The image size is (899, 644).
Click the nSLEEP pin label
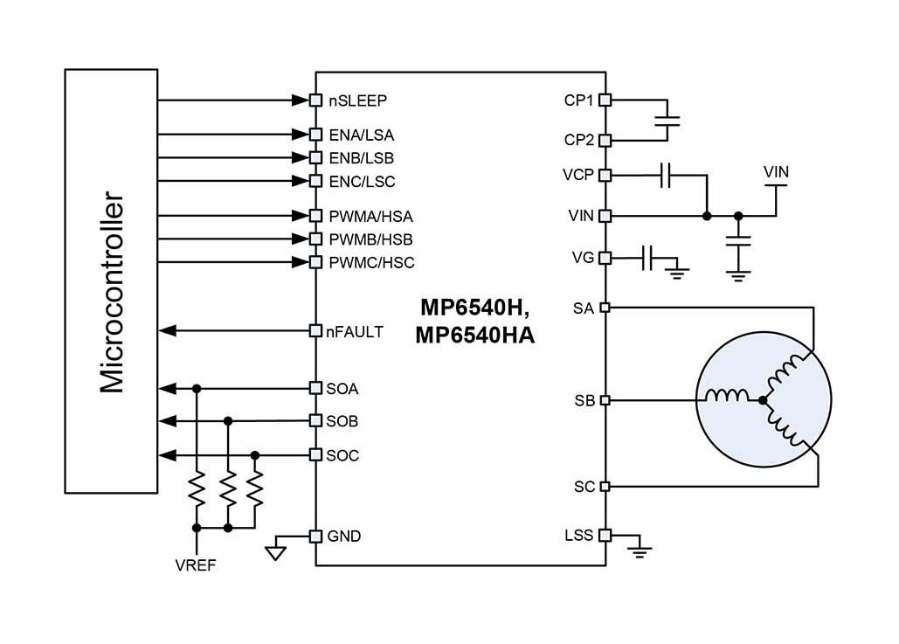tap(358, 101)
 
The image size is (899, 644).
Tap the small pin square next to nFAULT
tap(315, 331)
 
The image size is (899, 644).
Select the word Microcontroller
tap(112, 292)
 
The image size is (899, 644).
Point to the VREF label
tap(196, 565)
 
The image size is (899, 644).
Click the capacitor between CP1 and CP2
tap(667, 121)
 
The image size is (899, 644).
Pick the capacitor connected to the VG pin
tap(648, 258)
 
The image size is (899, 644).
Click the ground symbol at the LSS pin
tap(640, 551)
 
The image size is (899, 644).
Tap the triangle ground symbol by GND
tap(276, 553)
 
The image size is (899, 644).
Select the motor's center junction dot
tap(763, 400)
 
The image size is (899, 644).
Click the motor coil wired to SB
tap(726, 396)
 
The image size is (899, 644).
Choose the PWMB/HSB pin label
tap(370, 239)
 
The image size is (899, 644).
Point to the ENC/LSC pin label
tap(362, 182)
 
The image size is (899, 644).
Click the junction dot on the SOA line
tap(197, 389)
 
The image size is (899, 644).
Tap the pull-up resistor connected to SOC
tap(255, 489)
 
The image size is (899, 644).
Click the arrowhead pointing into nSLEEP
tap(301, 100)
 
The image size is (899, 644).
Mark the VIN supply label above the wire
tap(776, 172)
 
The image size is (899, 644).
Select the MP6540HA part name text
tap(474, 336)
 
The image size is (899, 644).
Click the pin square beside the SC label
tap(605, 487)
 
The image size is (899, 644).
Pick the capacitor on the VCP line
tap(665, 175)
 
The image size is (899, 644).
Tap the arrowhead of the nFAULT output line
tap(167, 331)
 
